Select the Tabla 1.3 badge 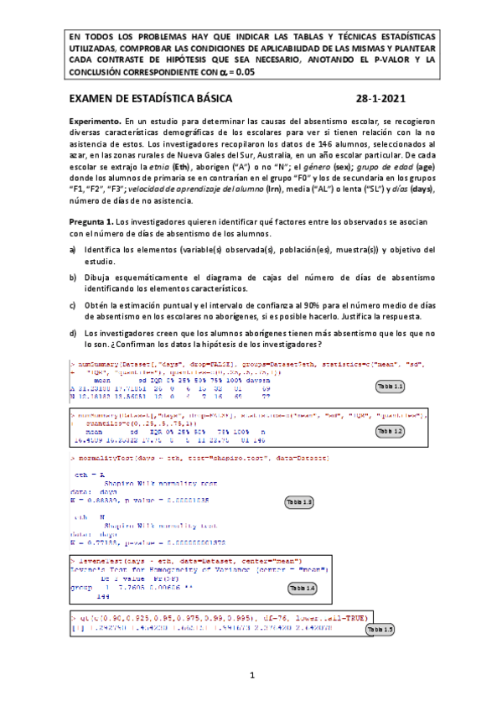pyautogui.click(x=300, y=502)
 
